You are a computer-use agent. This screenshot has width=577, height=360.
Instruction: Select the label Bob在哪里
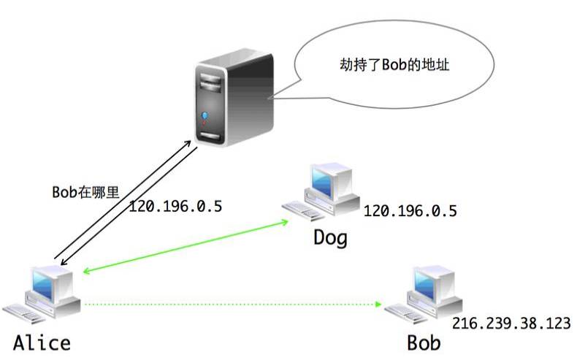(85, 191)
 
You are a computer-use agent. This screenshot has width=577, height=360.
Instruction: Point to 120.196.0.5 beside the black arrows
(175, 206)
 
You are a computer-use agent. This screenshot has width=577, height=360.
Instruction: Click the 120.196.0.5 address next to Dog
(410, 212)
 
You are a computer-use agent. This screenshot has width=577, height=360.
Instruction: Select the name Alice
(41, 343)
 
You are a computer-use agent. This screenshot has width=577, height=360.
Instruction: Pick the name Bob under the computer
(424, 343)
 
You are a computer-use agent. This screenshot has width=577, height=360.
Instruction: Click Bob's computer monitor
(430, 283)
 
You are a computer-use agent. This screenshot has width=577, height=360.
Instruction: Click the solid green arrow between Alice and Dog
(186, 245)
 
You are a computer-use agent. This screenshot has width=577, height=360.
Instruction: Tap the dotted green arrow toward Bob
(234, 303)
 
